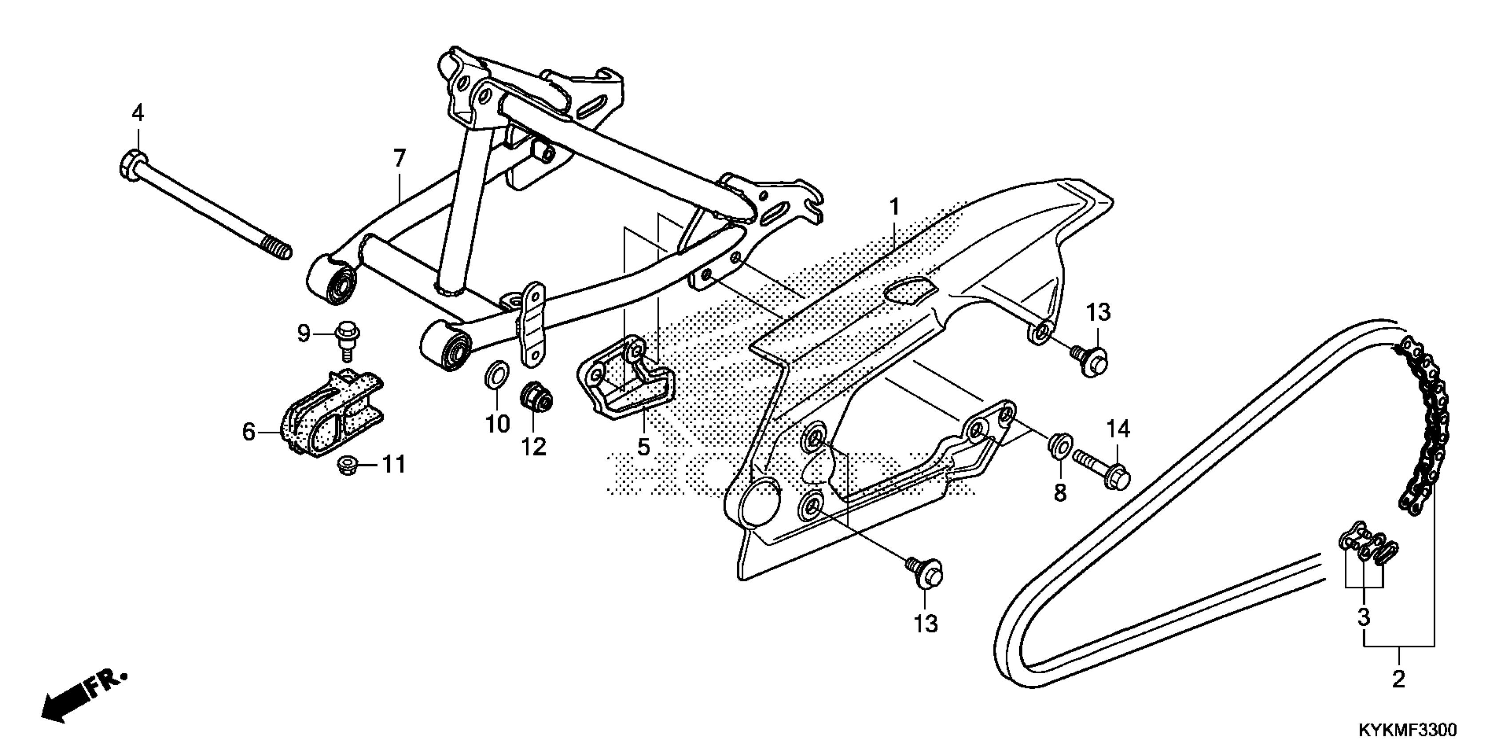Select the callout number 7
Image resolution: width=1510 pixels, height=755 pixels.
point(399,159)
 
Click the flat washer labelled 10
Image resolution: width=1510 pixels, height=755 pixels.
point(496,375)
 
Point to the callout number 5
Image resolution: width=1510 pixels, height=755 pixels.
point(644,447)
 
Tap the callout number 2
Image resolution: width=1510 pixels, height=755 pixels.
point(1399,680)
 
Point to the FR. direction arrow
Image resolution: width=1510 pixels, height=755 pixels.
point(82,698)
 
